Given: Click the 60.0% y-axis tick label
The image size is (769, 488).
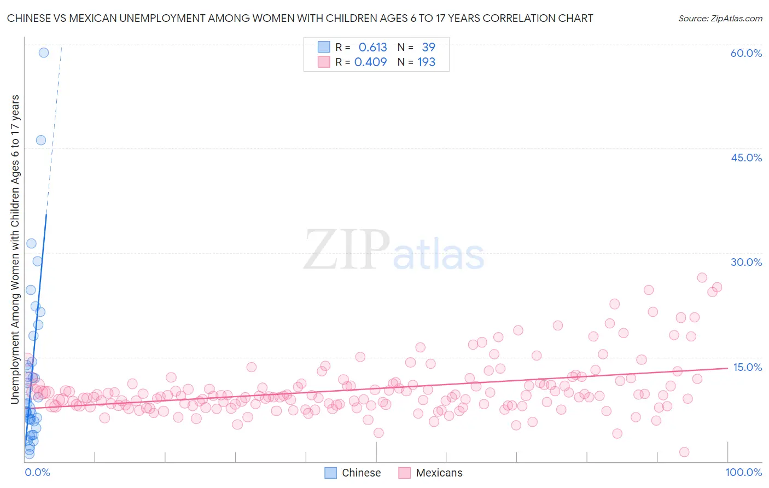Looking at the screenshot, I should (x=745, y=53).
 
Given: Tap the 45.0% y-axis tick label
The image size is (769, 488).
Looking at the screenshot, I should (x=746, y=158).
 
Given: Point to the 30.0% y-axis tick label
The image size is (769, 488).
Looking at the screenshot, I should (x=746, y=262).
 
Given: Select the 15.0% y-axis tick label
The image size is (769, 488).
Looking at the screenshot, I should (x=747, y=367).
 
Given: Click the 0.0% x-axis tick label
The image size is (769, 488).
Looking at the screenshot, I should (x=37, y=472).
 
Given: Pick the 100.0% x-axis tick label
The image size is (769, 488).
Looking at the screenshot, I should (x=743, y=472).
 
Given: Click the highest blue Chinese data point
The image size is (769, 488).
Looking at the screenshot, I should (x=44, y=53).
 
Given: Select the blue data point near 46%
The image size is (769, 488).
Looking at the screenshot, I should (x=41, y=140).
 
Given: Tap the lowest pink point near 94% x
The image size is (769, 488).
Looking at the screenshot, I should (x=684, y=452).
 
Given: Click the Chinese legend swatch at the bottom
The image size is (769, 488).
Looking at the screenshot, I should (x=330, y=473).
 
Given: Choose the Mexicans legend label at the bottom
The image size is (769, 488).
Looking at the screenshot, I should (x=439, y=473).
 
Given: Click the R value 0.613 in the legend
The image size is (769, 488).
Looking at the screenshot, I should (x=372, y=48).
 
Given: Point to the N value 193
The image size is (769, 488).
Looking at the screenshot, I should (x=427, y=62).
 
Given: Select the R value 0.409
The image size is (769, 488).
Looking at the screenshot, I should (x=370, y=62).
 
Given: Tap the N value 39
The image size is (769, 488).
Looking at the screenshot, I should (x=428, y=48).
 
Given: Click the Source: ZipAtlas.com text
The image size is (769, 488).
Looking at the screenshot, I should (x=720, y=18).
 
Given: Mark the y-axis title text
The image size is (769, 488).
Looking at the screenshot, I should (x=15, y=249).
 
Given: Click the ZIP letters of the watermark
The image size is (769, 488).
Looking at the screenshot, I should (x=347, y=251).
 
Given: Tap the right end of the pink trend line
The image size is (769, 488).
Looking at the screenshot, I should (x=727, y=368).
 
